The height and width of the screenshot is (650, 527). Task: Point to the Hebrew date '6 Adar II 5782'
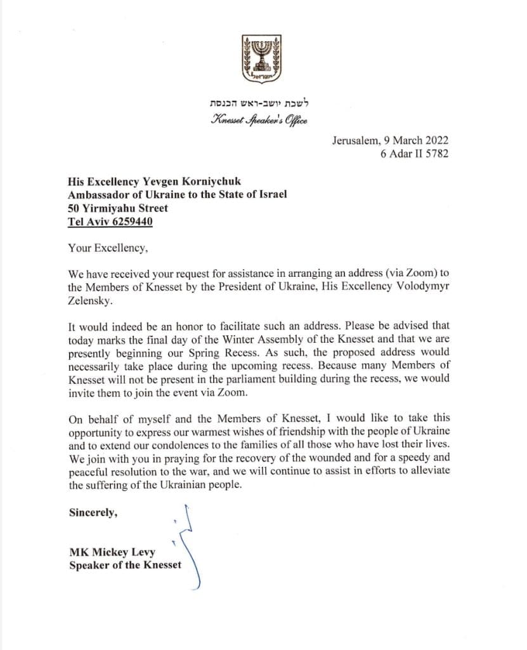pyautogui.click(x=415, y=154)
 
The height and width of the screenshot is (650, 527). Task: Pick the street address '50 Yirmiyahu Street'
pyautogui.click(x=119, y=208)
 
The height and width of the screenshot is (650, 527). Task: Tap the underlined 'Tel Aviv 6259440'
pyautogui.click(x=110, y=222)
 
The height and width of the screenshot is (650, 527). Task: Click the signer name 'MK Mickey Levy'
pyautogui.click(x=112, y=552)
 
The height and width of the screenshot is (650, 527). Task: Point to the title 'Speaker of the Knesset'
pyautogui.click(x=125, y=565)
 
